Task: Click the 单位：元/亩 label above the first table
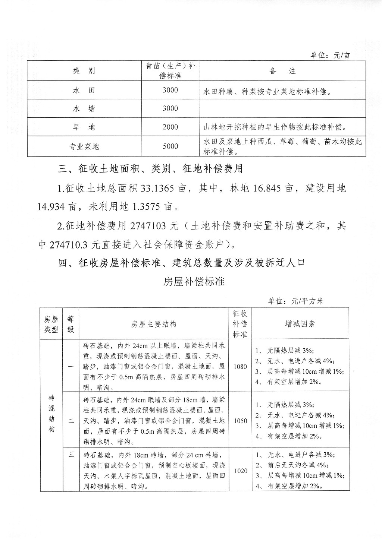[330, 55]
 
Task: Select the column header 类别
[84, 71]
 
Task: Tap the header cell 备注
[282, 71]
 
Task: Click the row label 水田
[84, 90]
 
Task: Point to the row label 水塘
[84, 108]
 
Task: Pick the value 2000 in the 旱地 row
[170, 127]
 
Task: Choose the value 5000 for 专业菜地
[170, 146]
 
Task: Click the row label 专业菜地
[84, 146]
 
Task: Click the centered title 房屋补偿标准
[194, 281]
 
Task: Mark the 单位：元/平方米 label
[296, 301]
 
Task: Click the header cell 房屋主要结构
[153, 324]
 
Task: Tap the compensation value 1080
[240, 366]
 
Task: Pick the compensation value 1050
[240, 421]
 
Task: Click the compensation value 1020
[240, 471]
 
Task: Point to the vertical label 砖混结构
[51, 414]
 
